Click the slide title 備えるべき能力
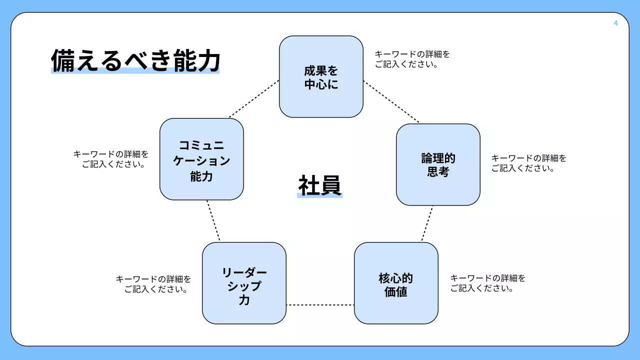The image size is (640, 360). [x=135, y=61]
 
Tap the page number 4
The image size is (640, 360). [x=615, y=23]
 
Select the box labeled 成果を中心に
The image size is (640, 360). [x=321, y=77]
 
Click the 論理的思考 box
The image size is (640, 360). [x=438, y=165]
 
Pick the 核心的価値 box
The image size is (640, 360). [x=396, y=283]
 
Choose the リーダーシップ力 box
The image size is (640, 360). [x=244, y=283]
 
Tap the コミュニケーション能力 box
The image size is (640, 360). [x=201, y=159]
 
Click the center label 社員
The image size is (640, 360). [x=320, y=185]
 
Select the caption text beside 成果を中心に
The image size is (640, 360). [x=412, y=59]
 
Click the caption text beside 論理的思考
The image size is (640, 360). [x=529, y=163]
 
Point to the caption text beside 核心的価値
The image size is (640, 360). [x=488, y=283]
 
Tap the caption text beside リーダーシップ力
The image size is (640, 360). [x=153, y=284]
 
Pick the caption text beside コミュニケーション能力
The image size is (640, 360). [x=111, y=159]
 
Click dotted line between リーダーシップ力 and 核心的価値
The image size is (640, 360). [x=320, y=304]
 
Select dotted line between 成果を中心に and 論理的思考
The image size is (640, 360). [x=391, y=101]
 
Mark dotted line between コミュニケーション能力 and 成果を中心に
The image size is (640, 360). [x=254, y=99]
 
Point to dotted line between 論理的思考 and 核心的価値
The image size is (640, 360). [x=427, y=224]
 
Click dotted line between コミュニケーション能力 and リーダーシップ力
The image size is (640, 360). [x=213, y=221]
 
